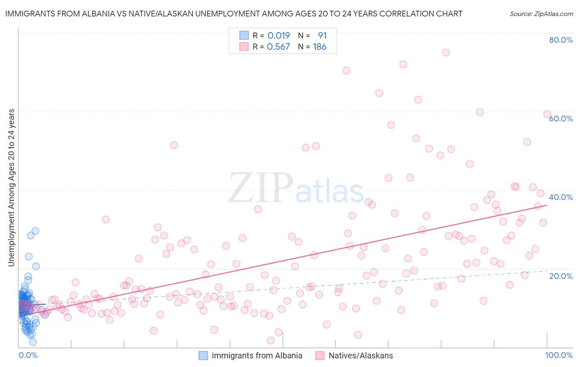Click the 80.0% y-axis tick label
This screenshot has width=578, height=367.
pyautogui.click(x=561, y=40)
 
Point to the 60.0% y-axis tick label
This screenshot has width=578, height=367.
pyautogui.click(x=561, y=118)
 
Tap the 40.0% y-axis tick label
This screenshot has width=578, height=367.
pyautogui.click(x=561, y=197)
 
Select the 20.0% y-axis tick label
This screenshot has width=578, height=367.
pyautogui.click(x=561, y=276)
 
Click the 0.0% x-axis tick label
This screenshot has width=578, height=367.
pyautogui.click(x=28, y=355)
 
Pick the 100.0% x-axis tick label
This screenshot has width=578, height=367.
pyautogui.click(x=559, y=355)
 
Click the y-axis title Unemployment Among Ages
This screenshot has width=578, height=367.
pyautogui.click(x=11, y=188)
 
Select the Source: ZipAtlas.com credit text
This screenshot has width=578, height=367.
pyautogui.click(x=541, y=14)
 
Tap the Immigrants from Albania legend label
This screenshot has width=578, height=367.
pyautogui.click(x=257, y=355)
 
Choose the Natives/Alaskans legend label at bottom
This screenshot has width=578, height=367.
pyautogui.click(x=361, y=355)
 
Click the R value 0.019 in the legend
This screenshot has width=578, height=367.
pyautogui.click(x=279, y=35)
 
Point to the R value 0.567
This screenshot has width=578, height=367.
pyautogui.click(x=279, y=47)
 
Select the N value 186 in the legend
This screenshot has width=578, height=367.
pyautogui.click(x=320, y=47)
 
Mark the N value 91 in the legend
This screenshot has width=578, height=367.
pyautogui.click(x=322, y=35)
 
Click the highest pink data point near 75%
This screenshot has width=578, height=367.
pyautogui.click(x=446, y=52)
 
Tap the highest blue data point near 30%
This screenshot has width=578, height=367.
pyautogui.click(x=35, y=231)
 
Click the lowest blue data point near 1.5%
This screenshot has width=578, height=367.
pyautogui.click(x=33, y=342)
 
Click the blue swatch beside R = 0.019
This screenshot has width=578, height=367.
pyautogui.click(x=244, y=35)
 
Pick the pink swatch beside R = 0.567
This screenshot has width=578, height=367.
pyautogui.click(x=244, y=47)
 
